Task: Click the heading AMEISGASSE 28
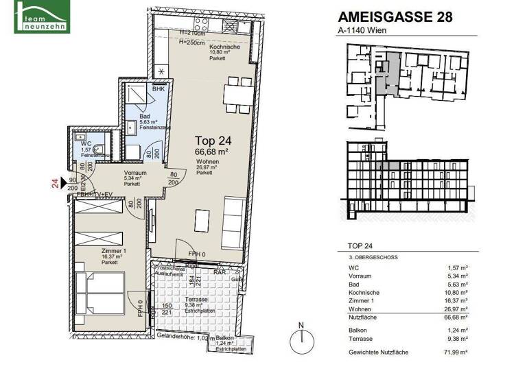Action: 396,18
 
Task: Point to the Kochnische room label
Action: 224,47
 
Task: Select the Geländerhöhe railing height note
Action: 185,337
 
